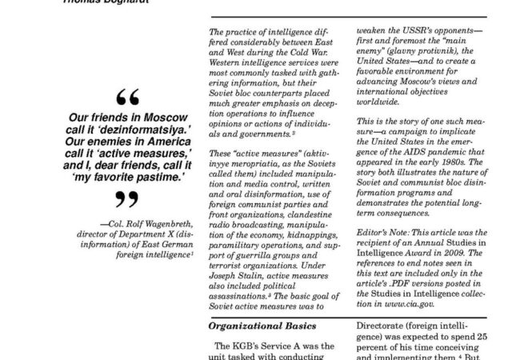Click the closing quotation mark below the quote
coord(122,197)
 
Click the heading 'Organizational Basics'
coord(258,326)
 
